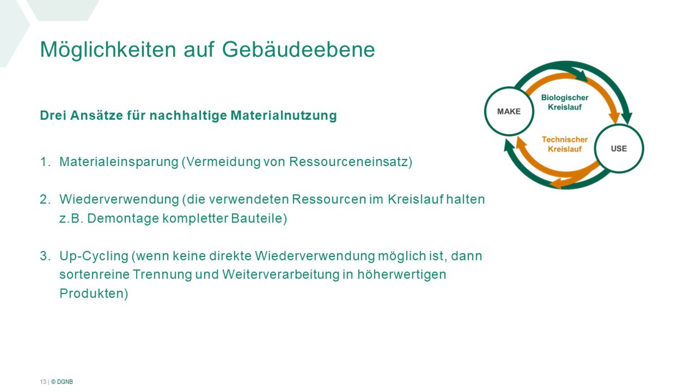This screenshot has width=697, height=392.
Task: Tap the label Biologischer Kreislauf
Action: [564, 102]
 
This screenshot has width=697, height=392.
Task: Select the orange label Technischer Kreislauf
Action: [564, 144]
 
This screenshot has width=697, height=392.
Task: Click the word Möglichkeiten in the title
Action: [108, 50]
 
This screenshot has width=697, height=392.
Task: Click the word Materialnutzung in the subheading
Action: [284, 115]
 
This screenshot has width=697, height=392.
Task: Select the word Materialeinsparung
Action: [119, 162]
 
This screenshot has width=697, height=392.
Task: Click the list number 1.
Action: [45, 162]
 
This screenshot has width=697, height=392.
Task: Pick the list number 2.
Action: [45, 199]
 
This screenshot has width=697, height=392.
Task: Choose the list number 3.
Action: [45, 256]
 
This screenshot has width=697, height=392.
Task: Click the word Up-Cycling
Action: [94, 256]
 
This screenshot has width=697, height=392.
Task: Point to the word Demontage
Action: [123, 218]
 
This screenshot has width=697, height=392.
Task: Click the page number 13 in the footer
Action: [43, 382]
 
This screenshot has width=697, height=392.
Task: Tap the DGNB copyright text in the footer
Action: [62, 382]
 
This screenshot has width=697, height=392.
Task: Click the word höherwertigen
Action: [402, 275]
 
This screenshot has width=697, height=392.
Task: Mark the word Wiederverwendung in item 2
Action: [119, 199]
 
